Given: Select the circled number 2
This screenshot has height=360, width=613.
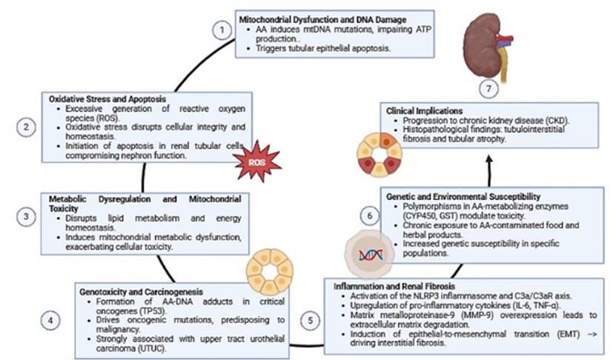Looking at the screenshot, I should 26,127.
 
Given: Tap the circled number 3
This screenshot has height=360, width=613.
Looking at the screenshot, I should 26,217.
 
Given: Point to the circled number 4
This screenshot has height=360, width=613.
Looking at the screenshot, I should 50,321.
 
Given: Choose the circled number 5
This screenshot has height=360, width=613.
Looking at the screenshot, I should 311,321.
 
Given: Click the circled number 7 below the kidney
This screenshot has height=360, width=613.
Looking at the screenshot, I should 486,90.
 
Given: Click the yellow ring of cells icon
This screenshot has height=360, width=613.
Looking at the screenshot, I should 269,270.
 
